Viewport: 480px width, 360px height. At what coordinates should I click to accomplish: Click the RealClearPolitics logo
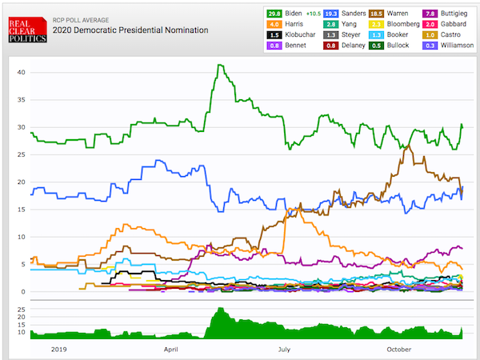click(26, 30)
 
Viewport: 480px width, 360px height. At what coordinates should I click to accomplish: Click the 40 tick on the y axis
click(22, 73)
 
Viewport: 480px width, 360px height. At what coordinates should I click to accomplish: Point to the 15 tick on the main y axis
click(22, 210)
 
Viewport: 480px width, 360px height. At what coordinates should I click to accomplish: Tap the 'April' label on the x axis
click(171, 350)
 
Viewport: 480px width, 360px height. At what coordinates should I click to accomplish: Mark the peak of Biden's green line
click(220, 65)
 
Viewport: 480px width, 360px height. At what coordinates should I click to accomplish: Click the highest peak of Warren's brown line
click(410, 146)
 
